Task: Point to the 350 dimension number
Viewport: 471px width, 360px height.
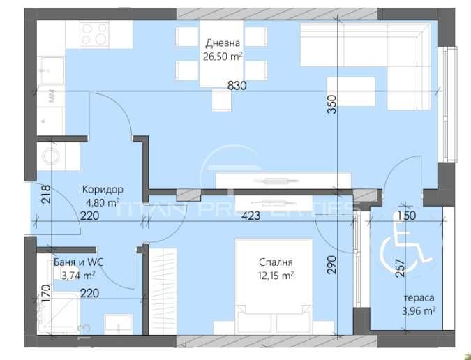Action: pyautogui.click(x=333, y=104)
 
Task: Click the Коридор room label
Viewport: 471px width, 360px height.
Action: pyautogui.click(x=103, y=190)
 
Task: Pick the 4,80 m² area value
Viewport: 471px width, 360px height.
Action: pyautogui.click(x=102, y=203)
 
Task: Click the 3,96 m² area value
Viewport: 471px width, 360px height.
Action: pyautogui.click(x=419, y=311)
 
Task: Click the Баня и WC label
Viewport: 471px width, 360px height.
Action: pyautogui.click(x=77, y=263)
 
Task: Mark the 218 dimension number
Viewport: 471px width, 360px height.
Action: pyautogui.click(x=47, y=193)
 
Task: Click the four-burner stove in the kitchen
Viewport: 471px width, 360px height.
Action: pyautogui.click(x=95, y=33)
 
